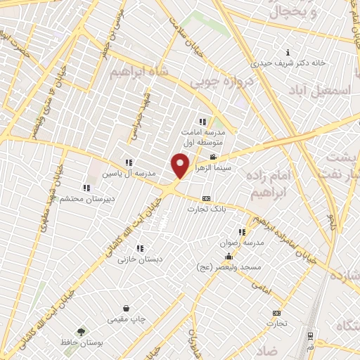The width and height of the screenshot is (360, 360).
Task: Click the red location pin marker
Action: click(x=181, y=166)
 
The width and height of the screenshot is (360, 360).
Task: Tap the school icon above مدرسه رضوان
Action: click(x=242, y=232)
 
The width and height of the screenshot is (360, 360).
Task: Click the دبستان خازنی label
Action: click(x=141, y=259)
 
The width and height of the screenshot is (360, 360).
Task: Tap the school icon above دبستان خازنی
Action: click(x=141, y=247)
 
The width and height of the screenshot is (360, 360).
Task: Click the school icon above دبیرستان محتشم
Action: click(x=86, y=188)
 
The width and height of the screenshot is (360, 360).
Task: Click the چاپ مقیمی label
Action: click(x=127, y=320)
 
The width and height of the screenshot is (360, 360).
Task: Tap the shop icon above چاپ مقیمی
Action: click(x=126, y=309)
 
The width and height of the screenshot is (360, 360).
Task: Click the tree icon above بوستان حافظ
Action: click(x=82, y=332)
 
